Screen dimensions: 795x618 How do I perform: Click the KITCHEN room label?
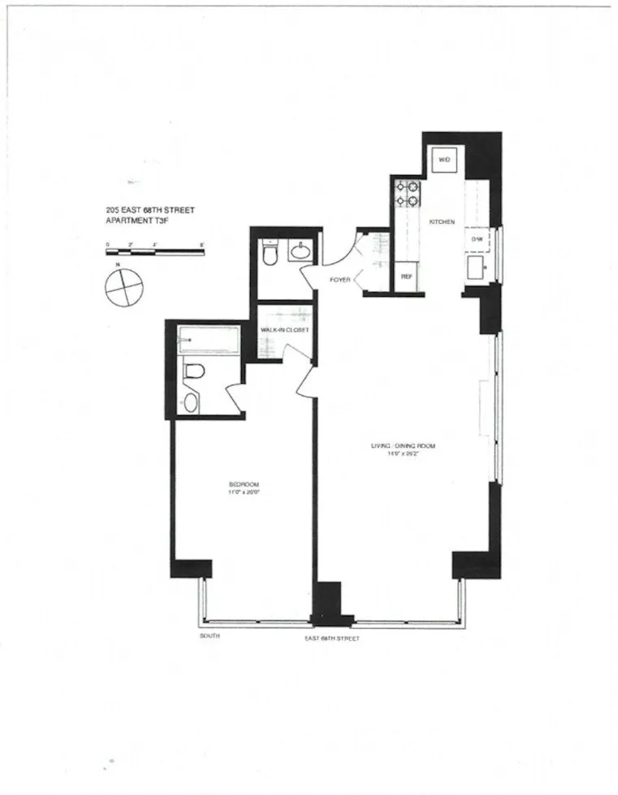(443, 222)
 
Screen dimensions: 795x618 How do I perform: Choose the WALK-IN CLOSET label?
(284, 330)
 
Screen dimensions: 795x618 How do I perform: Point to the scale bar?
(154, 252)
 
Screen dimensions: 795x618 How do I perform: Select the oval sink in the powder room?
(300, 251)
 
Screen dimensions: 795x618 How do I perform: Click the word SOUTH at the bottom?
(210, 637)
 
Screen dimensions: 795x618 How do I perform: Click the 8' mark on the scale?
(201, 243)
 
